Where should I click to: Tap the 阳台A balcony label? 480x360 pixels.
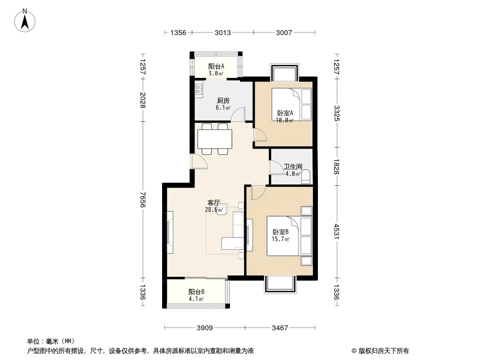click(x=216, y=66)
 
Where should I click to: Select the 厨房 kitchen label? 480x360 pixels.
click(x=223, y=101)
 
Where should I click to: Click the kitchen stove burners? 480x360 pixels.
click(x=199, y=89)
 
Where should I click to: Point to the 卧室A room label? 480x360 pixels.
click(x=285, y=113)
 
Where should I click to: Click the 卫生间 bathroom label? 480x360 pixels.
click(x=293, y=166)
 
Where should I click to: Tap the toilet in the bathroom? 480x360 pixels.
click(x=305, y=177)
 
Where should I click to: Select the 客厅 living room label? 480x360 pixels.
click(x=214, y=203)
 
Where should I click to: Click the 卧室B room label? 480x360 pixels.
click(x=281, y=232)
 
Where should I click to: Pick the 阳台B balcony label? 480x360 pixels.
click(x=196, y=292)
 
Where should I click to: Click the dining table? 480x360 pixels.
click(x=215, y=139)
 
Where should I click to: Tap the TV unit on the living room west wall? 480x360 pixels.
click(x=170, y=232)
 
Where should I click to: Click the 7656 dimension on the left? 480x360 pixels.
click(x=143, y=200)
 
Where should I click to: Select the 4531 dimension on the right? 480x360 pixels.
click(x=336, y=232)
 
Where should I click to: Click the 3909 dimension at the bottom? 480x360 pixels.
click(x=205, y=328)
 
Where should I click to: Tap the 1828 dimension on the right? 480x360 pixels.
click(x=336, y=166)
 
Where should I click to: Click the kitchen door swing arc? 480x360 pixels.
click(x=238, y=114)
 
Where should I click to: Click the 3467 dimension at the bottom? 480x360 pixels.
click(x=280, y=328)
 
